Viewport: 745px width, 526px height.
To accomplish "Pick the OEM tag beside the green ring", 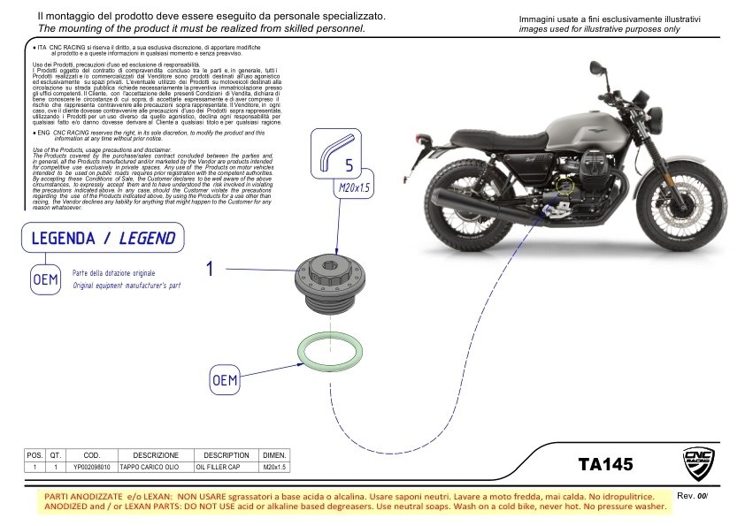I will pos(226,380).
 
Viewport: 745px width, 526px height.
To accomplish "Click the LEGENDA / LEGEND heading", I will pos(103,239).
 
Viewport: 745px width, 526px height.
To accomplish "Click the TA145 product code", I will pos(605,463).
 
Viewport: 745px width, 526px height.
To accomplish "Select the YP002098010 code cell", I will pos(91,466).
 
